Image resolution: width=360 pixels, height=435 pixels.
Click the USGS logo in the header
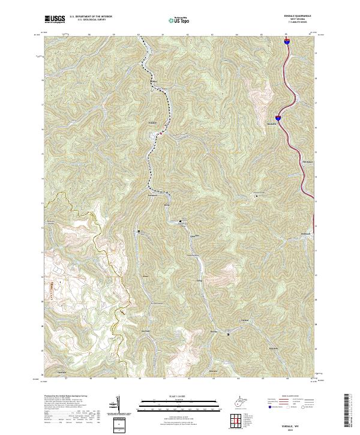pyautogui.click(x=55, y=19)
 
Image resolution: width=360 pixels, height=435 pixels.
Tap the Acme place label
pyautogui.click(x=145, y=276)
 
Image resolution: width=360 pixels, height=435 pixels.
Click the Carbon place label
pyautogui.click(x=244, y=320)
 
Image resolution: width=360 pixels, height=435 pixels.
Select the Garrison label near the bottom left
pyautogui.click(x=61, y=372)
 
